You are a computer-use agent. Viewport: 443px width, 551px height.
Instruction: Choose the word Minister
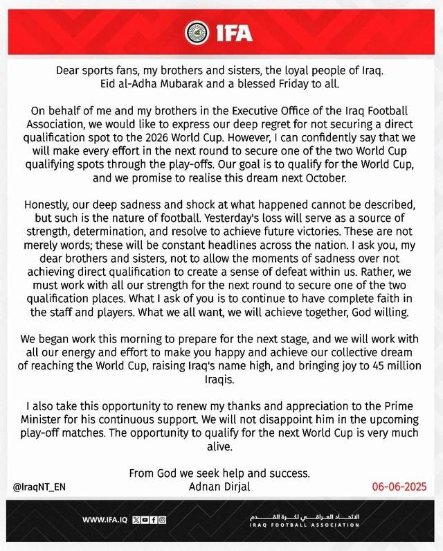click(x=48, y=420)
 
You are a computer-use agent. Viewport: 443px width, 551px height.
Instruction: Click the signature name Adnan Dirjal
click(x=221, y=486)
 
